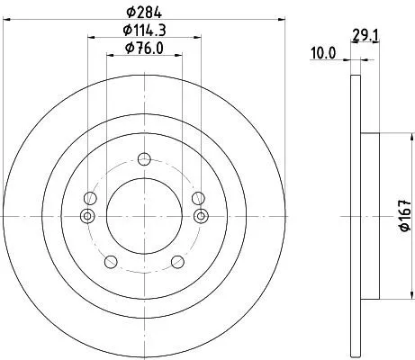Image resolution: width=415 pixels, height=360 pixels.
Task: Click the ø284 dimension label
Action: (144, 12)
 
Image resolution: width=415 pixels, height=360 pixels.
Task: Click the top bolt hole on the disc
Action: (144, 160)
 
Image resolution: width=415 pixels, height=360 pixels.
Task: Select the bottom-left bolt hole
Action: (110, 262)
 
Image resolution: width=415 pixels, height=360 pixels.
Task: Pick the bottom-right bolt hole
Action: (177, 262)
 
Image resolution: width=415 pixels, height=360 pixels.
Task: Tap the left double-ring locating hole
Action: (87, 216)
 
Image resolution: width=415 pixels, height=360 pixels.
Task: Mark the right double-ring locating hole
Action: (201, 216)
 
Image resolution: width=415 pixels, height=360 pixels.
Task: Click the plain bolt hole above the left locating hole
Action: (89, 199)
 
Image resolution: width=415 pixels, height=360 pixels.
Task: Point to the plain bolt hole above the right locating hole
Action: (199, 199)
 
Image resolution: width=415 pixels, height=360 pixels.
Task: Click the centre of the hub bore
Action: (144, 216)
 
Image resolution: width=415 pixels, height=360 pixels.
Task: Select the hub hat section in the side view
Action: (367, 216)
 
